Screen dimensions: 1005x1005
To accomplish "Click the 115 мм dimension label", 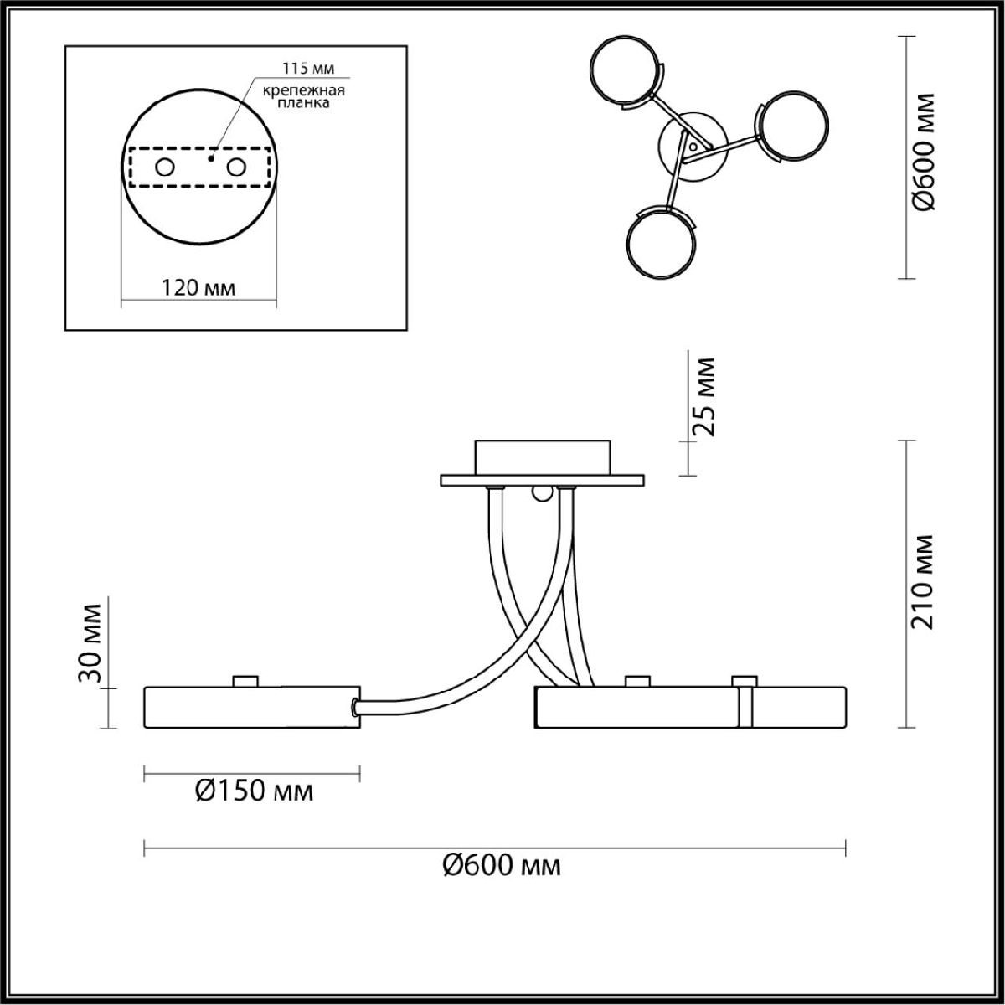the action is coord(307,69).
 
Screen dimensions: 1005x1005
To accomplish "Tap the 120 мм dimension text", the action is coord(198,288).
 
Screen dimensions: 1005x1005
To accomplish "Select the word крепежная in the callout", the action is coord(303,90).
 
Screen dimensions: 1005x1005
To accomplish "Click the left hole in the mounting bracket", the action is coord(165,168).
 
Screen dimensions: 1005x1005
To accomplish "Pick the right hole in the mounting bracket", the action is coord(236,168).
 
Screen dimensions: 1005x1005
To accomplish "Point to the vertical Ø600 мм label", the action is coord(925,159).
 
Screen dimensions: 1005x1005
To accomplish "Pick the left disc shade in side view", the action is coord(252,707).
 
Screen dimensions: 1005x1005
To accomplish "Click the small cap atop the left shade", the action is coord(245,681).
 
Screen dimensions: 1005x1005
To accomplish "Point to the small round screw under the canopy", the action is coord(542,492).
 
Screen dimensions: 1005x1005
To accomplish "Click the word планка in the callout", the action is coord(303,103).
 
